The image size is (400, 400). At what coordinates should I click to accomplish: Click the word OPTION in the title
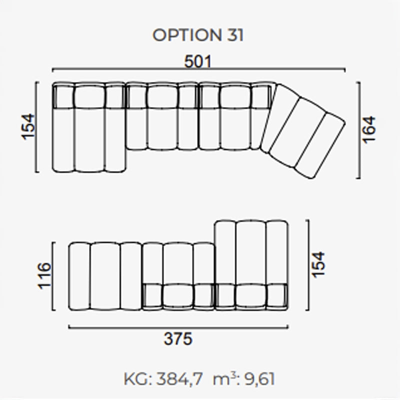[187, 35]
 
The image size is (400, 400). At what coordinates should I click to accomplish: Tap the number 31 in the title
[235, 35]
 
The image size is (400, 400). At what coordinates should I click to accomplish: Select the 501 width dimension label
[197, 61]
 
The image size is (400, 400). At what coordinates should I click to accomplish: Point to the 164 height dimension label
[369, 130]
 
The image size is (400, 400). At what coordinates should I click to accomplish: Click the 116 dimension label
[44, 275]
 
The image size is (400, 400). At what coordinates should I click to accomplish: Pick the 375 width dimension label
[178, 339]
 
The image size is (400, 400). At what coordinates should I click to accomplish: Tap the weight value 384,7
[179, 379]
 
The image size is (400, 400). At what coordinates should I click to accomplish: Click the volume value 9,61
[259, 379]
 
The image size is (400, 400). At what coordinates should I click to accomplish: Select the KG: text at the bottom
[138, 379]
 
